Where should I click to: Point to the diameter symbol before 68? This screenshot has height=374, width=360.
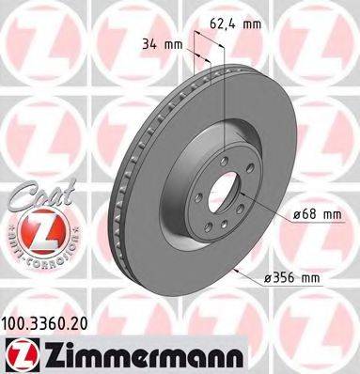[x=297, y=215]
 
